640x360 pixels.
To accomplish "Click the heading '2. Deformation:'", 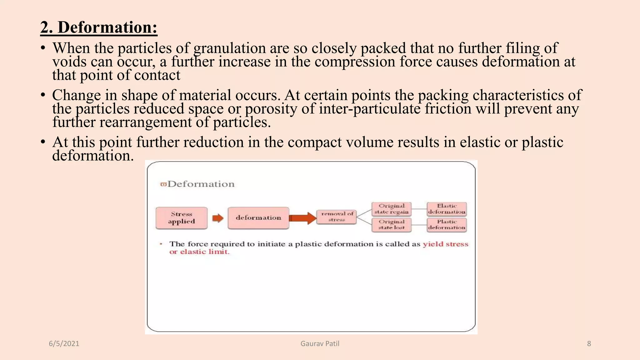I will pyautogui.click(x=99, y=27).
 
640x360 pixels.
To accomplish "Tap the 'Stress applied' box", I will pyautogui.click(x=181, y=218).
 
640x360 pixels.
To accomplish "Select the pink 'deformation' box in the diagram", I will pyautogui.click(x=258, y=218).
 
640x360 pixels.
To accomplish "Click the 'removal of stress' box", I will pyautogui.click(x=337, y=217).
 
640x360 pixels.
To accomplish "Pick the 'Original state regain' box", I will pyautogui.click(x=391, y=209).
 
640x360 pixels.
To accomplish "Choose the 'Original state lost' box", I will pyautogui.click(x=391, y=225).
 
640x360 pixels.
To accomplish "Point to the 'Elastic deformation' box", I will pyautogui.click(x=447, y=209).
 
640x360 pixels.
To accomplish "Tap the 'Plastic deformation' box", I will pyautogui.click(x=447, y=225).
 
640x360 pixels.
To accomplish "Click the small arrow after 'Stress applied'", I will pyautogui.click(x=218, y=218).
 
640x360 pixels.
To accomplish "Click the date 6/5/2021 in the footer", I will pyautogui.click(x=64, y=344).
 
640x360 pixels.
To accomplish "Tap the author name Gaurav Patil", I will pyautogui.click(x=320, y=344).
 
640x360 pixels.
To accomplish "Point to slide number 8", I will pyautogui.click(x=589, y=344).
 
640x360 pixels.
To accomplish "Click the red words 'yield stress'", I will pyautogui.click(x=445, y=244).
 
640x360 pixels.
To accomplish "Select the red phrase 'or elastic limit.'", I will pyautogui.click(x=199, y=252).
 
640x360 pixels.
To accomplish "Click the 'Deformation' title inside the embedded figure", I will pyautogui.click(x=201, y=184).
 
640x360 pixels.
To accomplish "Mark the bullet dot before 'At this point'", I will pyautogui.click(x=43, y=142).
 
